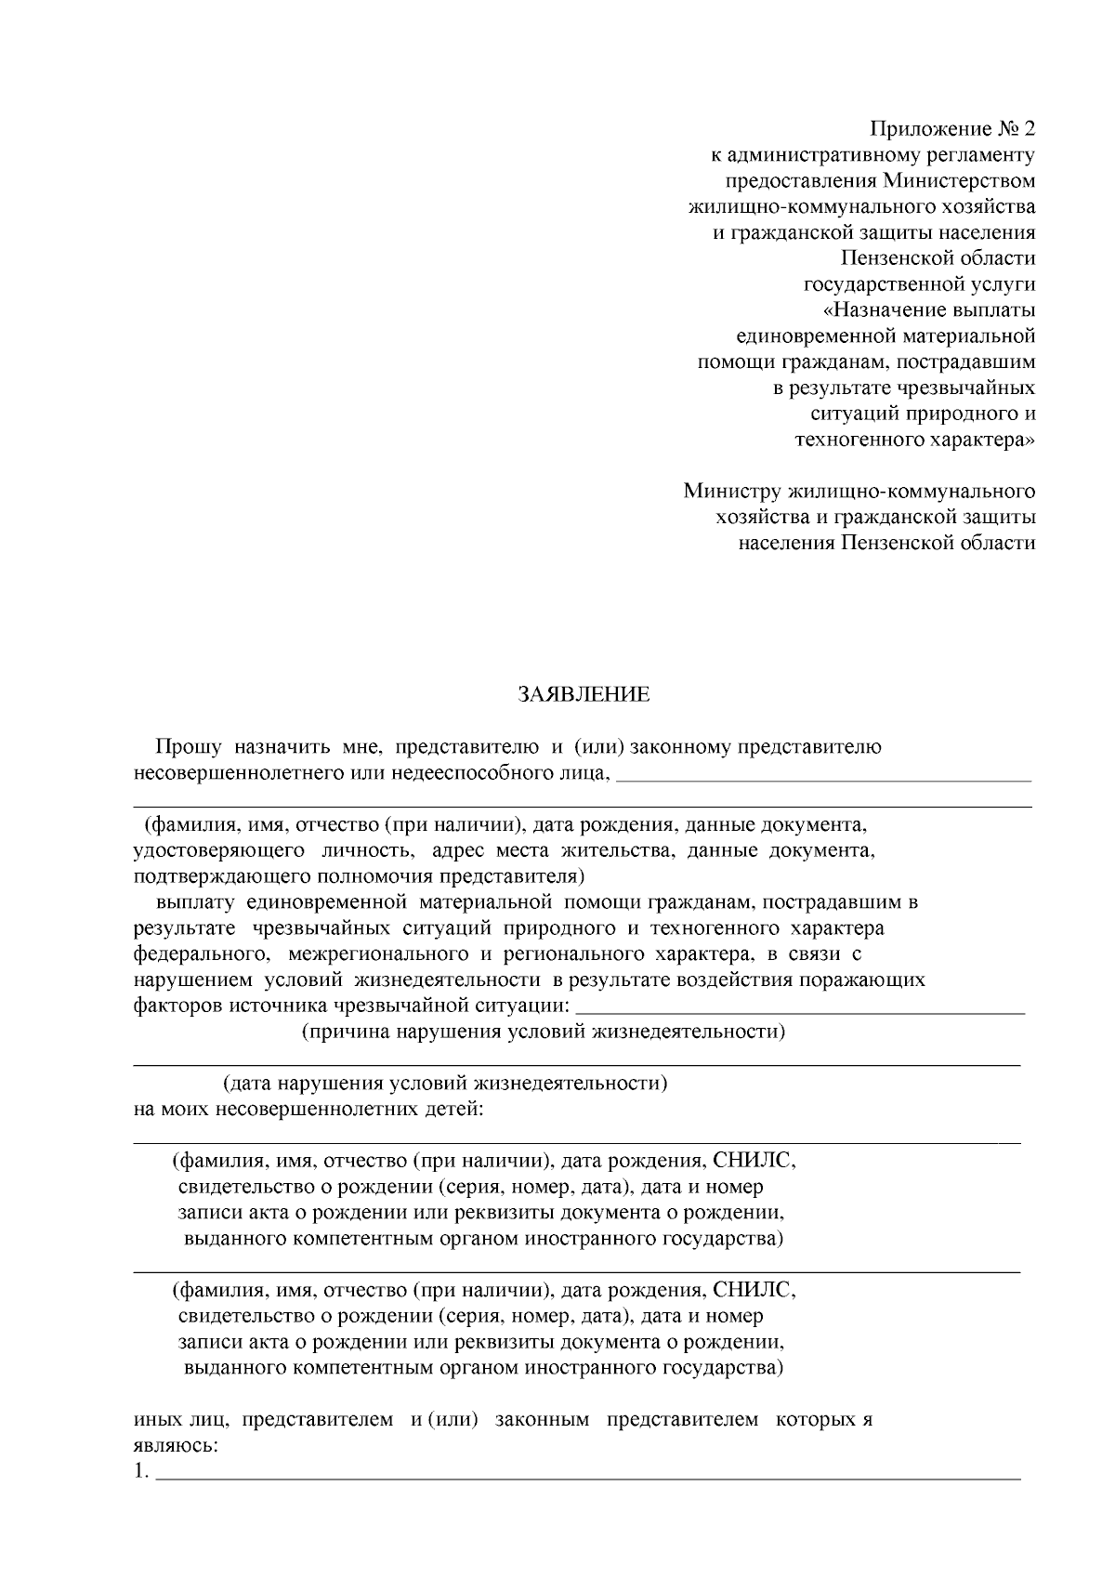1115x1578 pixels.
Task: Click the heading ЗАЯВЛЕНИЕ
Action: (x=584, y=694)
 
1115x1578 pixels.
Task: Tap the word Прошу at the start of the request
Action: (x=188, y=746)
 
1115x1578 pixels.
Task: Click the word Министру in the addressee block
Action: (x=730, y=490)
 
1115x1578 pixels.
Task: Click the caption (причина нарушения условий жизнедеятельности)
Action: (x=544, y=1032)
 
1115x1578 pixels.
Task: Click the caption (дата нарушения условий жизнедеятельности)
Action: (x=444, y=1083)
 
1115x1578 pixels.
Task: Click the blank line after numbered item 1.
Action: (x=587, y=1474)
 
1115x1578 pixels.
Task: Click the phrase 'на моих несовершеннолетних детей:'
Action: (x=308, y=1109)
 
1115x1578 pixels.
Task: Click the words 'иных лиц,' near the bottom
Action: (x=182, y=1420)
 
